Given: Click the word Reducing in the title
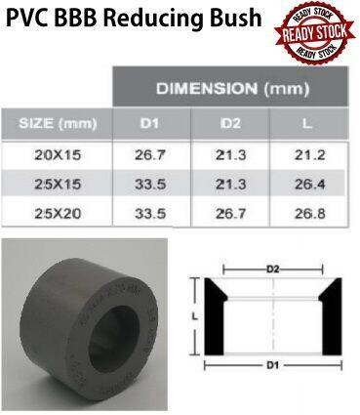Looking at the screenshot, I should [x=166, y=19].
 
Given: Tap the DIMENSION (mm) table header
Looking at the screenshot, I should [x=231, y=89].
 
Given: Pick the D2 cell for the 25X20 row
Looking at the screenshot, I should [x=230, y=211].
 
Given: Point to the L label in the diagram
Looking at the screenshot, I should [x=195, y=315].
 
